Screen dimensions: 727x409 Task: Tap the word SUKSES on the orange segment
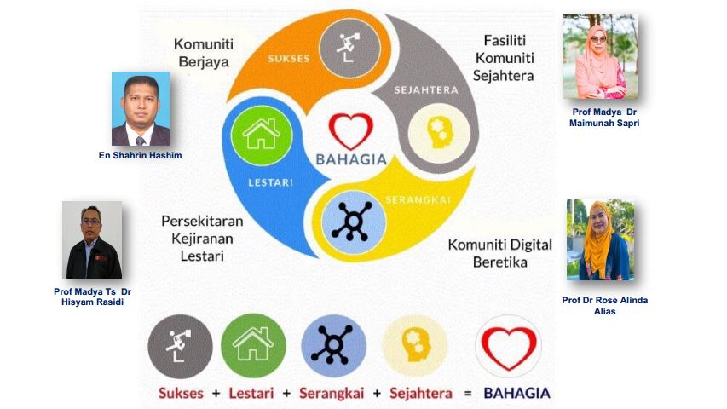pos(289,59)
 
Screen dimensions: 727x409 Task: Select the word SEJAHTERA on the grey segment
pos(426,90)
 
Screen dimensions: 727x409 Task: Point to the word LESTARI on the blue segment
pos(270,182)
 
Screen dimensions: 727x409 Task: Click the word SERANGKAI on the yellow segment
pos(418,200)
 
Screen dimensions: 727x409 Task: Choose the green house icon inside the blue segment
pos(262,135)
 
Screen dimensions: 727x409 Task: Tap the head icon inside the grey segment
pos(439,133)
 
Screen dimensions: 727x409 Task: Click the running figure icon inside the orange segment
pos(350,48)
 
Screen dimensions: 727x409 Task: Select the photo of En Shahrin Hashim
pos(141,108)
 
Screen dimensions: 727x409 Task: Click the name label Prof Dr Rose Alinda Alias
pos(604,306)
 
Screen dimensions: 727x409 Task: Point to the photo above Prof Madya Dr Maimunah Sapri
pos(600,56)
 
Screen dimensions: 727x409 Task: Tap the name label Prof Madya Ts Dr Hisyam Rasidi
pos(92,297)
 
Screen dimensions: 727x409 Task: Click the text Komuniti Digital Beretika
pos(499,253)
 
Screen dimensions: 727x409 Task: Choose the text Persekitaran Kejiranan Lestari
pos(202,239)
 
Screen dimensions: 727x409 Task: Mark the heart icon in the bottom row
pos(509,347)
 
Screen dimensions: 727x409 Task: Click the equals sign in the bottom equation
pos(468,394)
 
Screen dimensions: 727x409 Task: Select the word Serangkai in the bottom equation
pos(332,393)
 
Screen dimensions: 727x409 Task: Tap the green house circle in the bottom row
pos(253,346)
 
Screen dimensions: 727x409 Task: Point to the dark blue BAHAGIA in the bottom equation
pos(517,393)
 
